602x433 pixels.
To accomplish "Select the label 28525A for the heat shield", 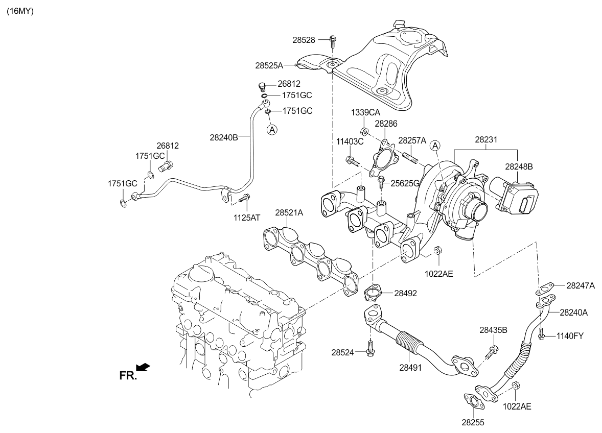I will tap(269, 65).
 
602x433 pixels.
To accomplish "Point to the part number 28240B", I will tap(224, 137).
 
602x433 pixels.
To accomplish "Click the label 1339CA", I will tap(365, 112).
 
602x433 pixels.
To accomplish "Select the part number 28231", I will tap(485, 139).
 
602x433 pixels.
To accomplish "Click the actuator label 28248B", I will tap(519, 166).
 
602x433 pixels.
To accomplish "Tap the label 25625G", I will tap(405, 183).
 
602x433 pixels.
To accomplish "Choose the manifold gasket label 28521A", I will tap(289, 212).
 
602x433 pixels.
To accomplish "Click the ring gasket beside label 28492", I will tap(372, 294).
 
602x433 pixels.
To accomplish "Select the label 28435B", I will tap(493, 330).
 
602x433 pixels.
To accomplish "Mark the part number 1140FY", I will tap(570, 336).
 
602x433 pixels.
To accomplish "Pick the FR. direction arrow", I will tap(144, 367).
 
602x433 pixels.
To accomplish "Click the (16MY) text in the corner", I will tap(20, 11).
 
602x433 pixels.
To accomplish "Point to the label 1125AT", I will tap(247, 218).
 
